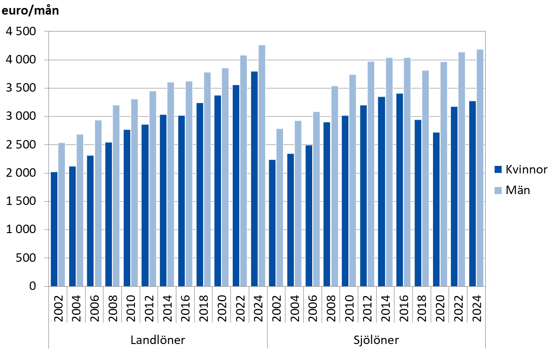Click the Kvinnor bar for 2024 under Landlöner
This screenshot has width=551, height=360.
click(x=254, y=179)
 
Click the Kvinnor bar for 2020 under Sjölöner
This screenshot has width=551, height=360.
click(x=436, y=209)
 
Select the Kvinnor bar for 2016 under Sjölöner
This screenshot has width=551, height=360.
click(x=400, y=190)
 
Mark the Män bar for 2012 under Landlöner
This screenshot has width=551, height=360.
click(x=153, y=188)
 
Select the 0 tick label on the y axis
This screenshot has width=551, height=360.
click(x=32, y=286)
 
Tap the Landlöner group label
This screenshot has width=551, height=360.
click(x=157, y=340)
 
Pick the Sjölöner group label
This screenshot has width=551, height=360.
click(x=376, y=340)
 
